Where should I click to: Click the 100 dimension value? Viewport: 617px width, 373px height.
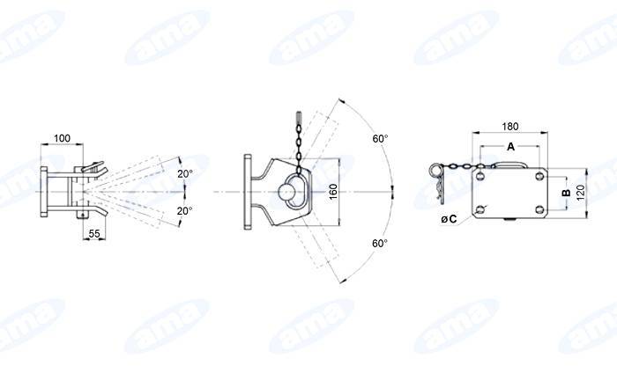[63, 138]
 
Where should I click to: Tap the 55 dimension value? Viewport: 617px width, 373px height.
[94, 234]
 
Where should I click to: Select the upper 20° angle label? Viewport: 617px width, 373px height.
[184, 173]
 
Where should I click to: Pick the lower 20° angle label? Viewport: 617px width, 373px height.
[184, 211]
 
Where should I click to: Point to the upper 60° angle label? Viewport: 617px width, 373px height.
[380, 138]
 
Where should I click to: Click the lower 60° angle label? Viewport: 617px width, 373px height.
[380, 243]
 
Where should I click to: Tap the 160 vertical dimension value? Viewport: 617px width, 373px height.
[333, 192]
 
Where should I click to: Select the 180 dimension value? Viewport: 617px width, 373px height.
[510, 127]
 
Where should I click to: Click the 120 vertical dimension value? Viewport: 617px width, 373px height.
[580, 193]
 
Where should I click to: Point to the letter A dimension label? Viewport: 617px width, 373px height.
[510, 147]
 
